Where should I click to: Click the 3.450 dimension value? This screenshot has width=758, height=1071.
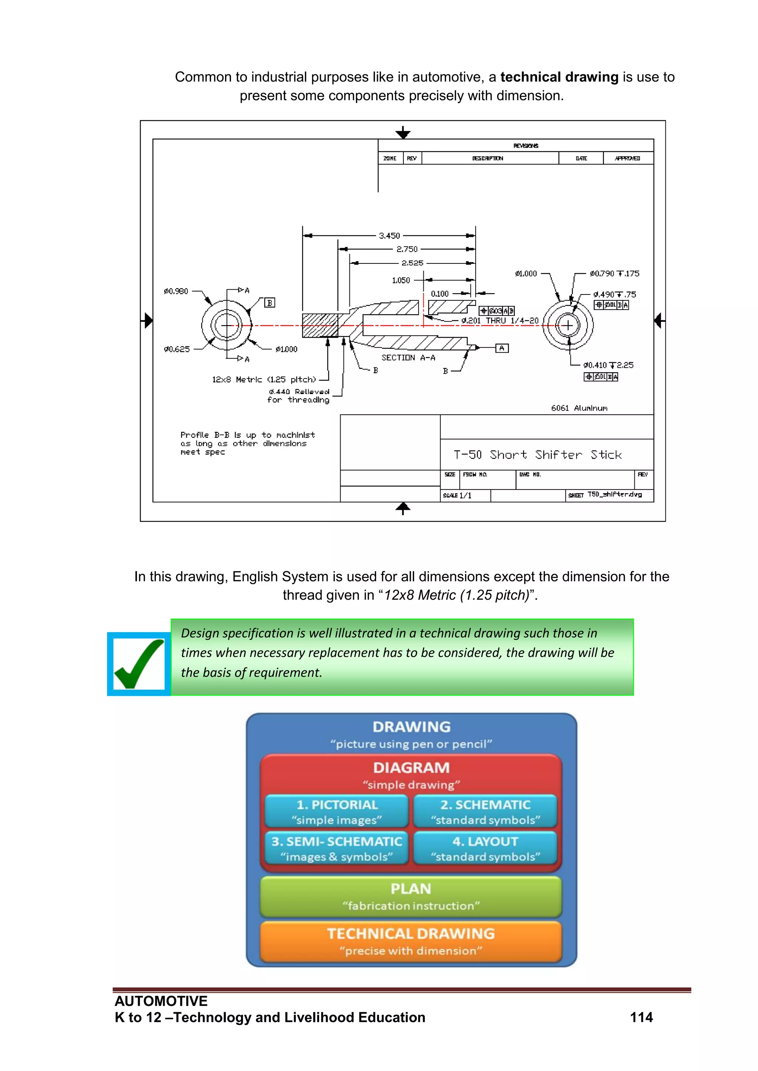pos(389,236)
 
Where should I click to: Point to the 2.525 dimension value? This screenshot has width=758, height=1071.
pos(412,263)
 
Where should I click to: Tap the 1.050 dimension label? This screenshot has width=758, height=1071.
pos(400,280)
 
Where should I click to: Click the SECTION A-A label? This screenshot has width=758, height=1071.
pos(408,358)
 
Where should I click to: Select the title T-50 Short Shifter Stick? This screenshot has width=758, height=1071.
pos(537,455)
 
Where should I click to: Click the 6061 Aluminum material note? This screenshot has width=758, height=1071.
pos(579,408)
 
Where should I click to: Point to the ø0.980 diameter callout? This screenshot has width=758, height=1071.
pos(176,292)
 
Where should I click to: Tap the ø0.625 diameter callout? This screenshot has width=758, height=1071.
pos(177,349)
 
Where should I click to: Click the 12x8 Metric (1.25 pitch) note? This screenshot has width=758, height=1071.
pos(264,380)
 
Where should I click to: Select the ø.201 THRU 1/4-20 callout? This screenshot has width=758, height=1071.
pos(499,321)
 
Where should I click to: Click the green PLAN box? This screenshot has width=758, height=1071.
pos(411,896)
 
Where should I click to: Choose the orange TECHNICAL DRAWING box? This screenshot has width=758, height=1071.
pos(411,941)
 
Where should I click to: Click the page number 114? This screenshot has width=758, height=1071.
pos(641,1017)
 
